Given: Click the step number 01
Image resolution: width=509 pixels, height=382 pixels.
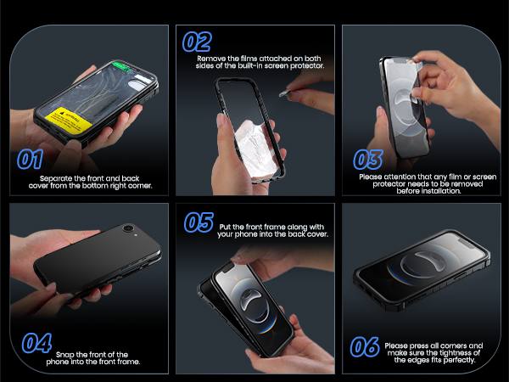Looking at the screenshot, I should coord(31,160).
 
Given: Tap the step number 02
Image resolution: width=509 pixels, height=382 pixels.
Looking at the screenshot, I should coord(197,41).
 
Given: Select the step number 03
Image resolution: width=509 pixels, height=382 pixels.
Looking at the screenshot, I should coord(366,159).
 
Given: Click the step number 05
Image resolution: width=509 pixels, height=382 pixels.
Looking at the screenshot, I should coord(199,222).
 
